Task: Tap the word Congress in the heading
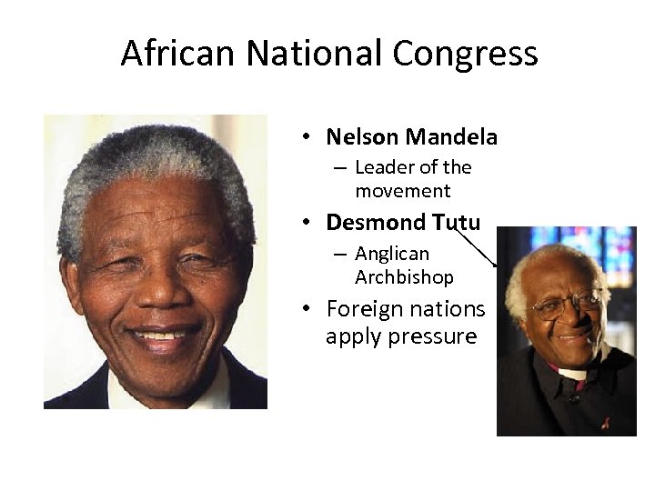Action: point(465,55)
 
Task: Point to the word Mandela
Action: point(451,137)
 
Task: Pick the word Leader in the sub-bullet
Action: point(383,167)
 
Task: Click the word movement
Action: point(402,191)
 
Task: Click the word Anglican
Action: point(392,254)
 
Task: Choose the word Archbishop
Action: point(404,276)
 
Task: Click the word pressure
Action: point(432,337)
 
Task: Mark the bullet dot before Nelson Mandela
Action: point(309,138)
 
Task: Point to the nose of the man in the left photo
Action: point(156,289)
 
